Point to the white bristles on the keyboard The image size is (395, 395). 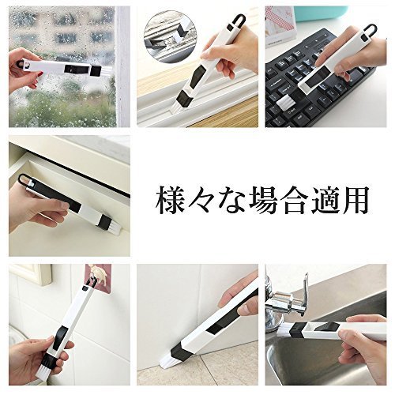286,104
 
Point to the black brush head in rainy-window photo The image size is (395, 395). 96,71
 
